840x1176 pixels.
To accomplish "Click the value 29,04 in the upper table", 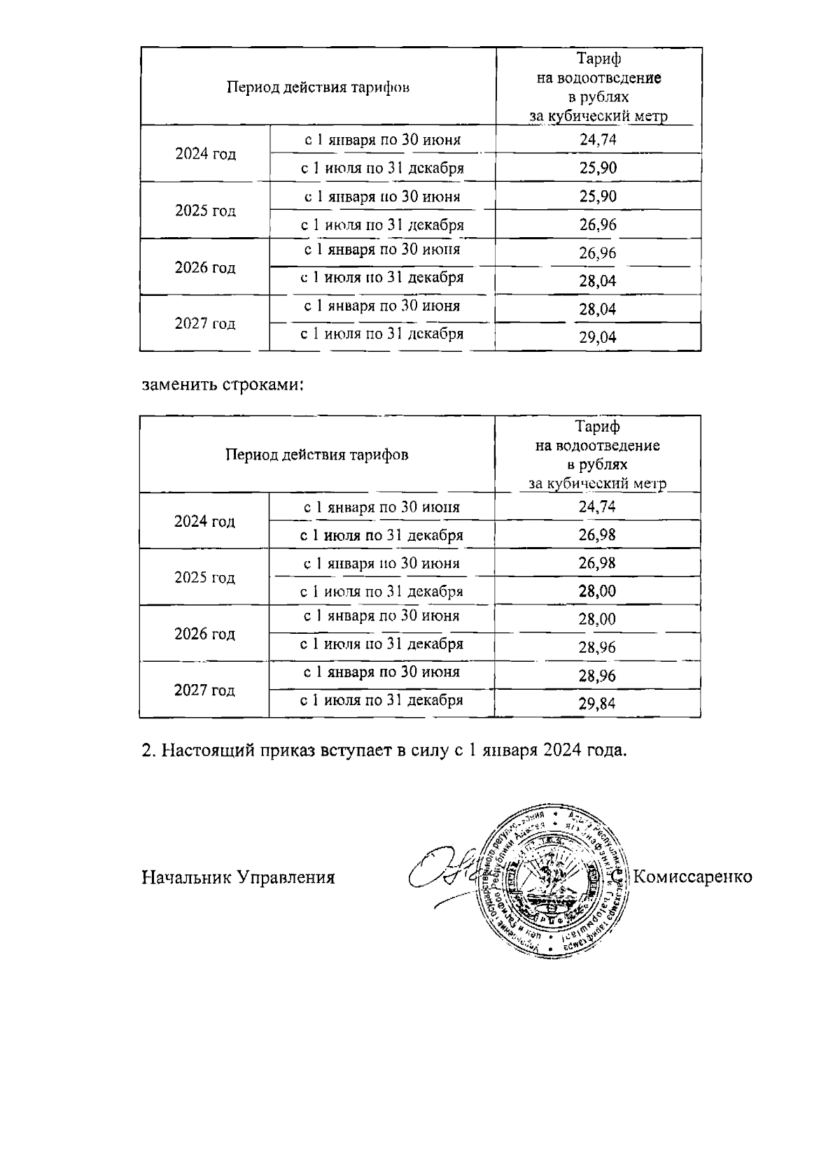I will click(x=597, y=337).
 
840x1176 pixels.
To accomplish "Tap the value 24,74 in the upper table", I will click(x=597, y=139).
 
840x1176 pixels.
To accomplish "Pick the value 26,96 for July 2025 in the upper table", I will click(x=597, y=225).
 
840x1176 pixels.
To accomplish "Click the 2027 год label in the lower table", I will click(x=204, y=690).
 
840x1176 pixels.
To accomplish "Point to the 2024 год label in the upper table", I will click(x=205, y=154).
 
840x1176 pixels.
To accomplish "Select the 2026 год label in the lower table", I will click(x=204, y=634).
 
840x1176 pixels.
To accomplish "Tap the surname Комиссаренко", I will click(x=692, y=877).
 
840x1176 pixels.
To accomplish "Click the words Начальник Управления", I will click(x=238, y=877).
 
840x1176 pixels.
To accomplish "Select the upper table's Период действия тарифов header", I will click(x=318, y=87).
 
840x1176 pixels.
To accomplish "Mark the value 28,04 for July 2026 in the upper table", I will click(x=597, y=281).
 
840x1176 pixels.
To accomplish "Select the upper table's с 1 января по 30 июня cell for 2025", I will click(x=382, y=197).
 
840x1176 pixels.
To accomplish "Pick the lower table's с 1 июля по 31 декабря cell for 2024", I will click(x=381, y=536).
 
